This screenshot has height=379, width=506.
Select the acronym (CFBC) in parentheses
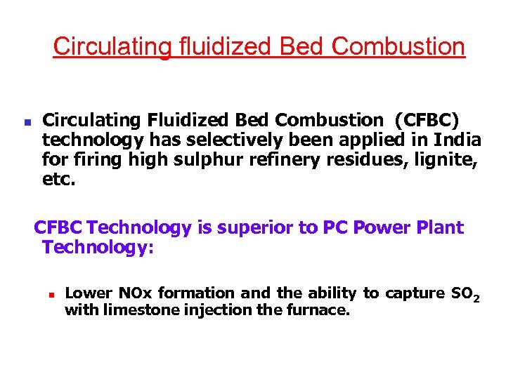point(428,119)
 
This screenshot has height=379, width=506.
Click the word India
point(456,139)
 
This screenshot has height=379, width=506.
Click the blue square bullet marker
point(27,121)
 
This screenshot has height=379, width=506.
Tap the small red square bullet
point(51,295)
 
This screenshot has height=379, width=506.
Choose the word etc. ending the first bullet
point(58,179)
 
